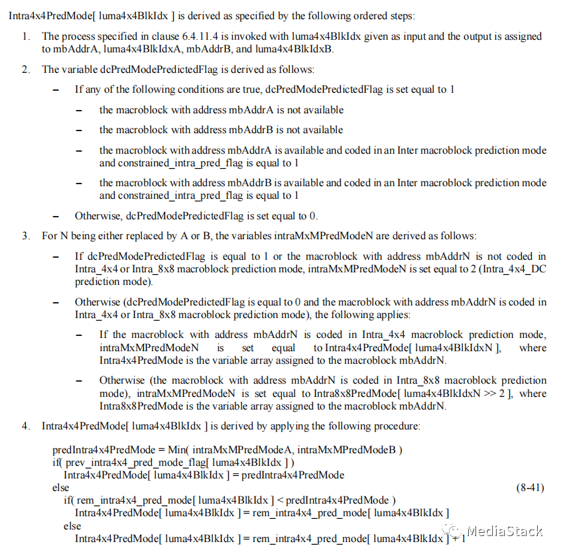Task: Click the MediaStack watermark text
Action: point(505,531)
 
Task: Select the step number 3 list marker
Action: point(26,235)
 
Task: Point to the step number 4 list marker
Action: point(26,425)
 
